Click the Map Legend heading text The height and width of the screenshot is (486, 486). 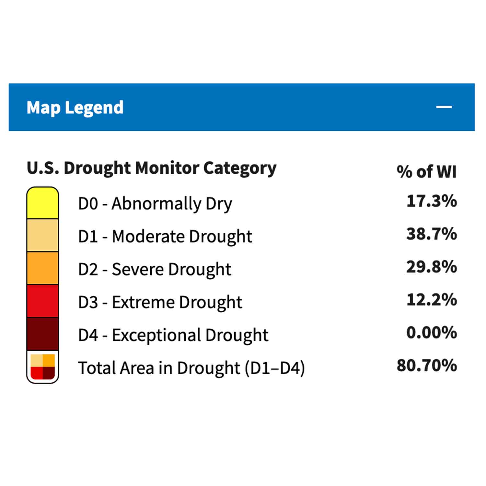(75, 108)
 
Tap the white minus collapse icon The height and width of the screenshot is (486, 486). (444, 107)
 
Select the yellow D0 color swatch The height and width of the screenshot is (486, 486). (43, 203)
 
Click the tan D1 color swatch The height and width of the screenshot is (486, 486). (43, 236)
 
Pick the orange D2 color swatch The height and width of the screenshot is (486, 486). (43, 268)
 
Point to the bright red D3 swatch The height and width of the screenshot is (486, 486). (43, 301)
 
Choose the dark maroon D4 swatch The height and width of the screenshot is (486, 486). (43, 334)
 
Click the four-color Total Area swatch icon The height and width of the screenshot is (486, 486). (43, 367)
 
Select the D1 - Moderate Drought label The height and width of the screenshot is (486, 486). (165, 237)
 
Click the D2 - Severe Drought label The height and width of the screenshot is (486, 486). (155, 270)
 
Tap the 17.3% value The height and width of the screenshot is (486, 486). (432, 201)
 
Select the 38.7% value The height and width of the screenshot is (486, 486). (432, 234)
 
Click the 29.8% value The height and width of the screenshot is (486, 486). (432, 267)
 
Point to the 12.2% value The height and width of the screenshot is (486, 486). (432, 299)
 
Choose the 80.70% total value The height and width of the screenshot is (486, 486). (427, 365)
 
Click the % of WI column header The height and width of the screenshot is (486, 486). (427, 171)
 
